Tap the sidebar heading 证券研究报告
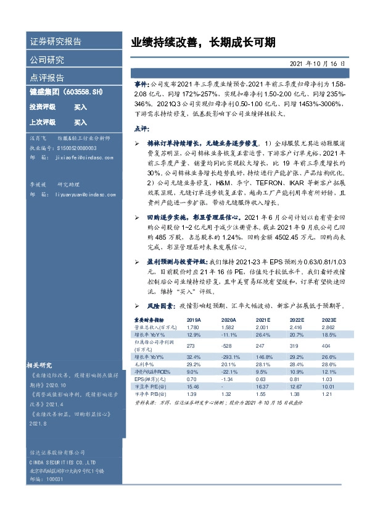pyautogui.click(x=56, y=42)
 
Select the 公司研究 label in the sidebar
pyautogui.click(x=47, y=60)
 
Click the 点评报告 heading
pyautogui.click(x=47, y=78)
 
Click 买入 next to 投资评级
pyautogui.click(x=81, y=107)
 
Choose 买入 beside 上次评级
pyautogui.click(x=81, y=122)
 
